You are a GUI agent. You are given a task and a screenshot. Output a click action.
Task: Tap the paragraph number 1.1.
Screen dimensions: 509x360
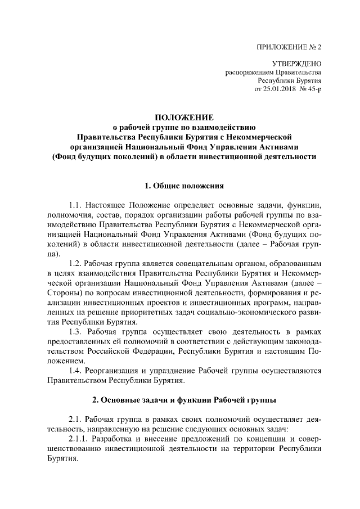coord(76,206)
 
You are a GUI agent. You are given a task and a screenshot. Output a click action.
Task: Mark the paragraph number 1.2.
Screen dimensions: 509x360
coord(76,264)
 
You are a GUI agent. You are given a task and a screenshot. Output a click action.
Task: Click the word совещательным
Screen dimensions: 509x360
coord(212,264)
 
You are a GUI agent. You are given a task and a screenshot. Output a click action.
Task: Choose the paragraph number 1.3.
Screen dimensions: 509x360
coord(76,332)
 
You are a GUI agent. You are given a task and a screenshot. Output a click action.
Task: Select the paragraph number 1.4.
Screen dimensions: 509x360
coord(76,371)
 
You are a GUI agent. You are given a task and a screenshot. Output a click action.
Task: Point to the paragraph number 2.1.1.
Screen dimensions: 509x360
coord(80,440)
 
